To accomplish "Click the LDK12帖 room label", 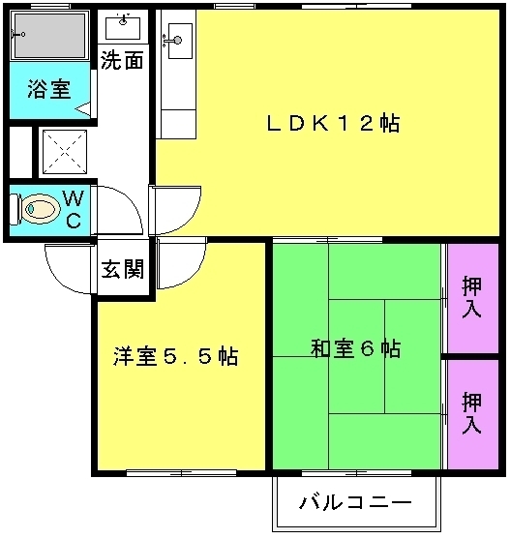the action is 333,123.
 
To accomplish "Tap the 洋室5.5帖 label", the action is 175,356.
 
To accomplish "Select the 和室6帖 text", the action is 356,348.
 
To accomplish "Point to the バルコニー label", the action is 356,503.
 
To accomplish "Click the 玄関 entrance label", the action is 123,268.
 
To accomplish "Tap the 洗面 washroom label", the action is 122,61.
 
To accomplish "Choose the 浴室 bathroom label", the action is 49,89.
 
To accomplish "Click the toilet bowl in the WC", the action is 41,209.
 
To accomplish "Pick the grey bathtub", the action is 48,36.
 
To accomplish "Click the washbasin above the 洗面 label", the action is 123,27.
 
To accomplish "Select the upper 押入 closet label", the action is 471,296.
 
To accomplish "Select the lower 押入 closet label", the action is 471,412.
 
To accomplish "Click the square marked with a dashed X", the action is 65,152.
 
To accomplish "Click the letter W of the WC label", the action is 74,198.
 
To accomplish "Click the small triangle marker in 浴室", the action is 82,109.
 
